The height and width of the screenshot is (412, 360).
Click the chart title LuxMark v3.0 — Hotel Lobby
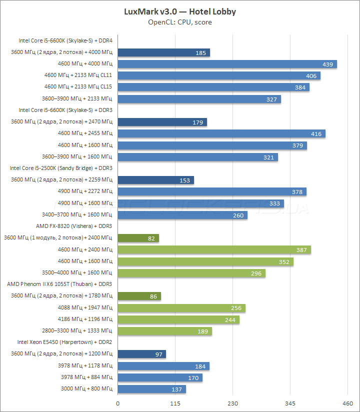click(x=180, y=11)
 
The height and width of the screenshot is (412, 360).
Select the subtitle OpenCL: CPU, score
click(x=180, y=22)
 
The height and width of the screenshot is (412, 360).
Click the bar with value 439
click(x=227, y=64)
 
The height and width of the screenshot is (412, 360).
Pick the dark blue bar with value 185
click(x=163, y=52)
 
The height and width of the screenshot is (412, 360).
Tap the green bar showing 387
click(x=214, y=249)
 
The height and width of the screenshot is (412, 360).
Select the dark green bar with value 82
click(x=138, y=238)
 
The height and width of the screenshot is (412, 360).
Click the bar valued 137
click(x=151, y=389)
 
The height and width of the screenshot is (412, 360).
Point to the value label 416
click(x=316, y=134)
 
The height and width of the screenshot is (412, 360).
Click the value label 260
click(x=238, y=215)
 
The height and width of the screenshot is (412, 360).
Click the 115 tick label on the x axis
click(x=175, y=403)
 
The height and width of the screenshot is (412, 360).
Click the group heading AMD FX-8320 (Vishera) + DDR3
click(x=74, y=226)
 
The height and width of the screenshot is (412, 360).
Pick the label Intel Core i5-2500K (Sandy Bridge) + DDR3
click(x=61, y=168)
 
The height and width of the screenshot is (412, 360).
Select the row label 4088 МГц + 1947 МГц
click(x=85, y=308)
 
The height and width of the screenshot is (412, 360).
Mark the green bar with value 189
click(x=164, y=331)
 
